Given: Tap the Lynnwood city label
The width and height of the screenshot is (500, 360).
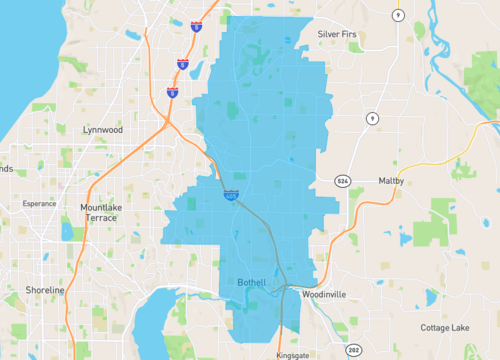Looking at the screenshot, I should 103,130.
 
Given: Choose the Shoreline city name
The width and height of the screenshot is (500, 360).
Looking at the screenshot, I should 44,290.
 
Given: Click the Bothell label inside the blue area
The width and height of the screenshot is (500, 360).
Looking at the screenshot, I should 251,283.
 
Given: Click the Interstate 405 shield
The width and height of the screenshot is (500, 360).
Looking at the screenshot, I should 231,197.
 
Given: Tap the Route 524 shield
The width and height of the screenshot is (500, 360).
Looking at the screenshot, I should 342,181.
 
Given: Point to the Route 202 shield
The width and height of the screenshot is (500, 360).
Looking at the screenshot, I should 353,350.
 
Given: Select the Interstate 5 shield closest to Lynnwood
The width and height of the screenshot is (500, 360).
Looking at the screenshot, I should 173,93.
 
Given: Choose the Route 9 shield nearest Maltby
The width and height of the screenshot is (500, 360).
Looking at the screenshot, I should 371,119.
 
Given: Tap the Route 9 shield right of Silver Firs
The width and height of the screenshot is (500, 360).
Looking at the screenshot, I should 398,15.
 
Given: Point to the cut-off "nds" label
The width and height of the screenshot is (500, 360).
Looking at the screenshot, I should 6,169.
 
